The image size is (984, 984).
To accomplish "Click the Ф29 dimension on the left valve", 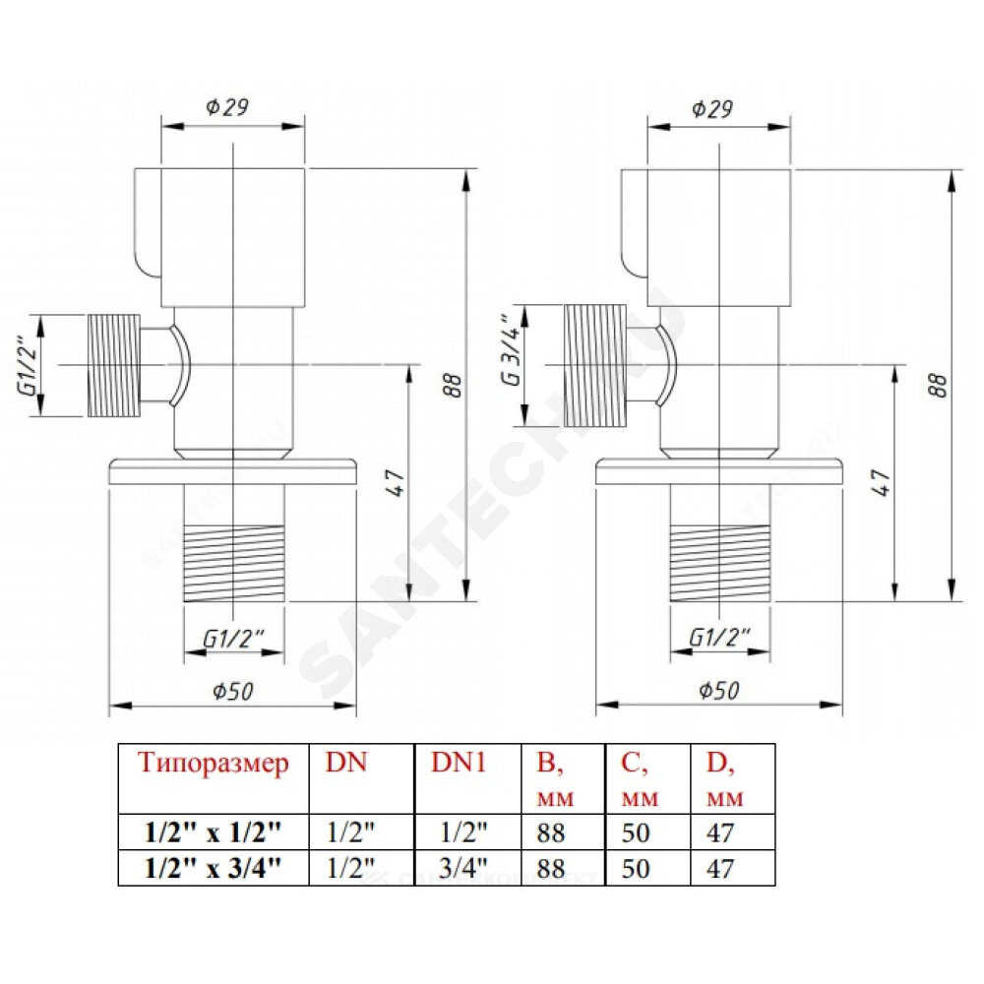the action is pos(227,107).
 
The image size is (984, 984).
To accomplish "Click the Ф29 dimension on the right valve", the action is pos(712,109).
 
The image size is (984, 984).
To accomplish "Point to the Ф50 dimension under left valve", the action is pos(232,691).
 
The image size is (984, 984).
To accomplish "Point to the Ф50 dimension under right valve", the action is pos(719,690).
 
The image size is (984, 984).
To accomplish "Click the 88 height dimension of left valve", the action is pos(452,385).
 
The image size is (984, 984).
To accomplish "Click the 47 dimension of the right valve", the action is pos(882,482).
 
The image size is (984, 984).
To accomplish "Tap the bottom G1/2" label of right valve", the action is pos(720,638).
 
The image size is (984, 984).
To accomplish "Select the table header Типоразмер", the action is pos(214,764).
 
